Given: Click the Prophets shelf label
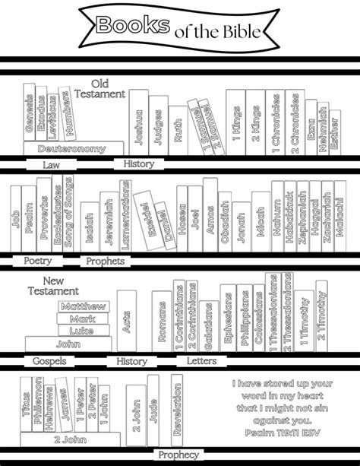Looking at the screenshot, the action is pyautogui.click(x=104, y=261).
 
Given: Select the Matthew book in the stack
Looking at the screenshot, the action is pyautogui.click(x=84, y=306).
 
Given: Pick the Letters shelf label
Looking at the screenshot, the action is pyautogui.click(x=201, y=360).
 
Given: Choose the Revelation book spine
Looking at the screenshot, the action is pyautogui.click(x=178, y=407).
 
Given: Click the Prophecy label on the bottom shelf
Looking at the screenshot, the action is pyautogui.click(x=178, y=455).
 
